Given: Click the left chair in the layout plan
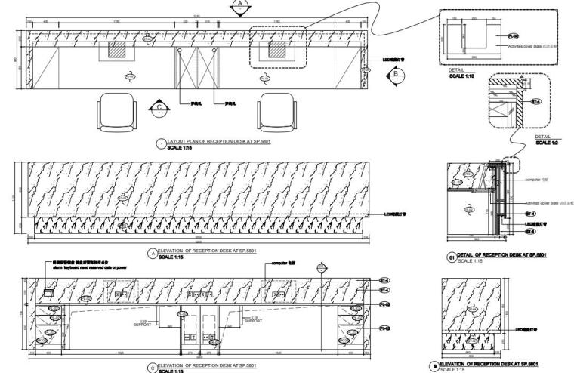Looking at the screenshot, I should pyautogui.click(x=117, y=112).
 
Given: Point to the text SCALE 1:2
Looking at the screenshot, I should pyautogui.click(x=550, y=142).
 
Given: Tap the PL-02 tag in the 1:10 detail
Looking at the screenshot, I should pyautogui.click(x=513, y=35).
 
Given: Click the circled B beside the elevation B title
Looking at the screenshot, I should pyautogui.click(x=434, y=366).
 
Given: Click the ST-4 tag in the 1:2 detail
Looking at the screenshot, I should pyautogui.click(x=538, y=100).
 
